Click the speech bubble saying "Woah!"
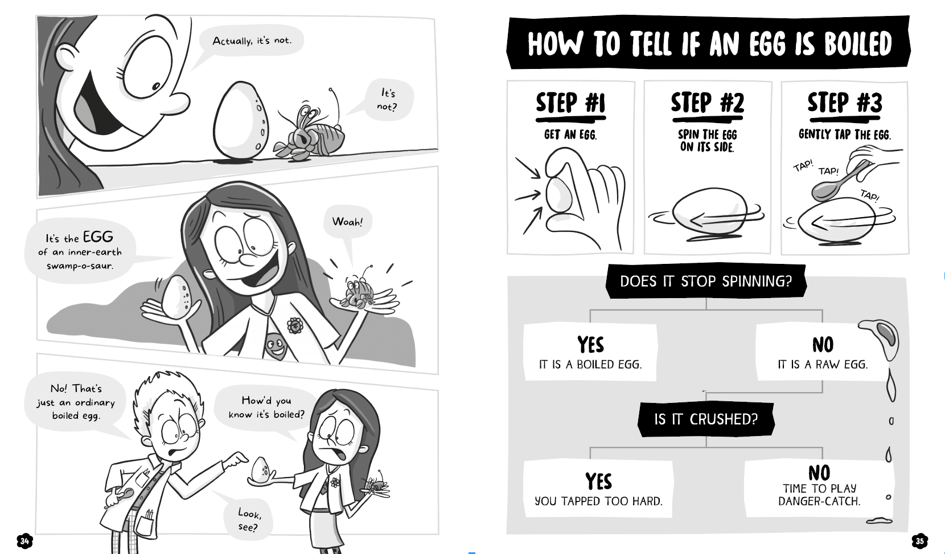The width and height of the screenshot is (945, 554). [347, 222]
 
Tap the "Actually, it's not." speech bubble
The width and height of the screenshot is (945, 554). [252, 40]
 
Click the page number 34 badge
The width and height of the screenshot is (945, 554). [24, 540]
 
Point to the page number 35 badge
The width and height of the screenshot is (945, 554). [920, 541]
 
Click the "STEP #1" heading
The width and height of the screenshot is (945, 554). [570, 104]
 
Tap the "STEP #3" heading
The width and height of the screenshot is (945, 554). [845, 103]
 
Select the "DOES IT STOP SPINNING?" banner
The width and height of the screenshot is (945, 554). [706, 281]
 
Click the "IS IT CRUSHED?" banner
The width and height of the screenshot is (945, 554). [706, 419]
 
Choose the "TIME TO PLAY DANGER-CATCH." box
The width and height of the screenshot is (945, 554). [819, 488]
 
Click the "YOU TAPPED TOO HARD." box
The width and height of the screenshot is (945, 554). [598, 489]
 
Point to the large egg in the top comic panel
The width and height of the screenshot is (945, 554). [240, 121]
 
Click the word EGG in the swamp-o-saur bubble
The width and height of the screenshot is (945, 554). [98, 237]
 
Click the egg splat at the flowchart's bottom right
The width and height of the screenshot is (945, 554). [880, 521]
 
